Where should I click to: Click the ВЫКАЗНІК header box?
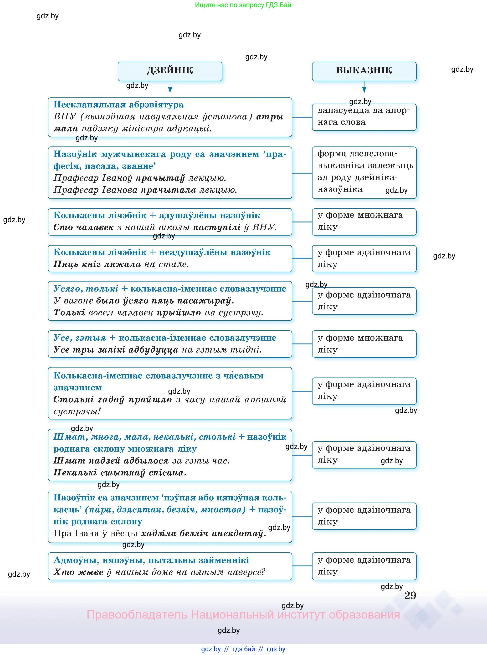[364, 71]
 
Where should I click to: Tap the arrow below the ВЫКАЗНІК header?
[364, 88]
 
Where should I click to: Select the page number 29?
[410, 595]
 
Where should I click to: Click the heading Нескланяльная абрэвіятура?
[118, 105]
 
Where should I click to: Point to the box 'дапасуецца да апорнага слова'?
[364, 117]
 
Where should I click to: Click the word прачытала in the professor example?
[168, 190]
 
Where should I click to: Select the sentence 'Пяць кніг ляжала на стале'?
[121, 264]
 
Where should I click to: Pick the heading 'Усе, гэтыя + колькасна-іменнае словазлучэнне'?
[165, 338]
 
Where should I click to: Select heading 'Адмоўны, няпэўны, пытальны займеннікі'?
[151, 560]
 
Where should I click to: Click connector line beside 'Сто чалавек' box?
[302, 222]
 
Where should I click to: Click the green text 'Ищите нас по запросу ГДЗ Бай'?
[243, 5]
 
